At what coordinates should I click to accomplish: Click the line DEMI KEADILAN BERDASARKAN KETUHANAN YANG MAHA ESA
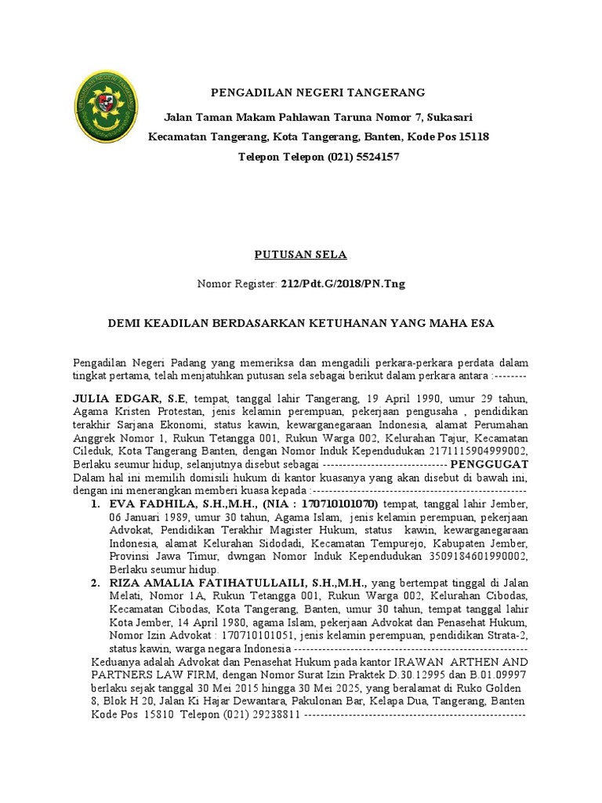click(x=301, y=322)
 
